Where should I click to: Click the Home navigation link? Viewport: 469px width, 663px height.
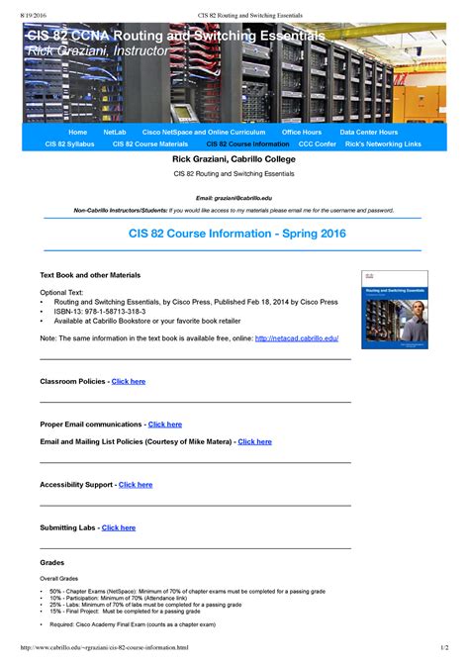tap(77, 132)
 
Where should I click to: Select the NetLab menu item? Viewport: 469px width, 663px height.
tap(114, 132)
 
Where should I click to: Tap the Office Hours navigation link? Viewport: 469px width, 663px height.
tap(301, 132)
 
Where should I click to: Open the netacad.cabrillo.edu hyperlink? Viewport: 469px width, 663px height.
tap(297, 337)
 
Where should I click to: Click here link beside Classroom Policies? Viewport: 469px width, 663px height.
tap(129, 381)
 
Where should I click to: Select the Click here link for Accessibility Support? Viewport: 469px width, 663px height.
tap(136, 485)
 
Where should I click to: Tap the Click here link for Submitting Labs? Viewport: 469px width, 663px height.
tap(119, 528)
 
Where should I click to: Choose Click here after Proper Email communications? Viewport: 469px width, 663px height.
tap(165, 425)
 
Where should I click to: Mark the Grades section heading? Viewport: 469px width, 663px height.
tap(51, 562)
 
